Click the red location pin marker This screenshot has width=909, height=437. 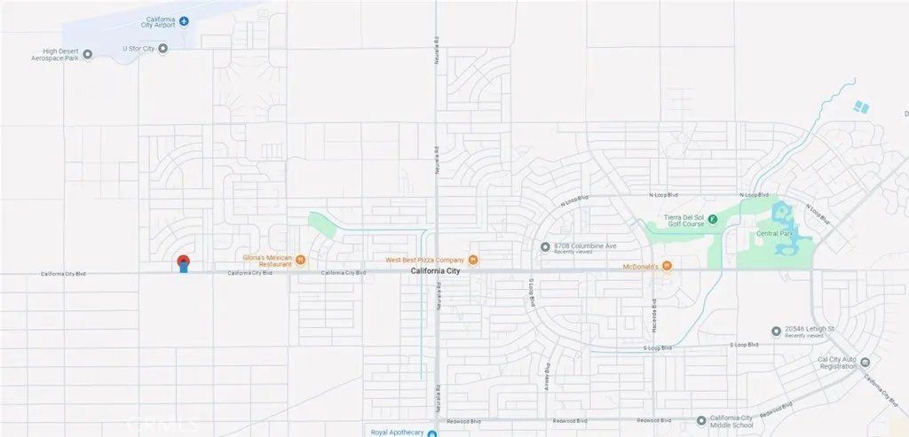click(x=183, y=262)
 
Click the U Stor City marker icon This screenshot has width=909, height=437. click(x=162, y=49)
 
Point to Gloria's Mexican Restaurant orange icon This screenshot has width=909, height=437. click(x=301, y=260)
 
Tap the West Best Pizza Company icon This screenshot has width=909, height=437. click(x=473, y=260)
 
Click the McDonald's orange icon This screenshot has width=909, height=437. click(x=665, y=266)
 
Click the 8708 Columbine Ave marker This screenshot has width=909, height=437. click(x=546, y=247)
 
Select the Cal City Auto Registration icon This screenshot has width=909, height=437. click(x=866, y=362)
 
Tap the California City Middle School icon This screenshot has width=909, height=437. click(x=701, y=420)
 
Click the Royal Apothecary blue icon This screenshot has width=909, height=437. click(x=432, y=433)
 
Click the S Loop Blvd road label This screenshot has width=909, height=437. click(x=744, y=344)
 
